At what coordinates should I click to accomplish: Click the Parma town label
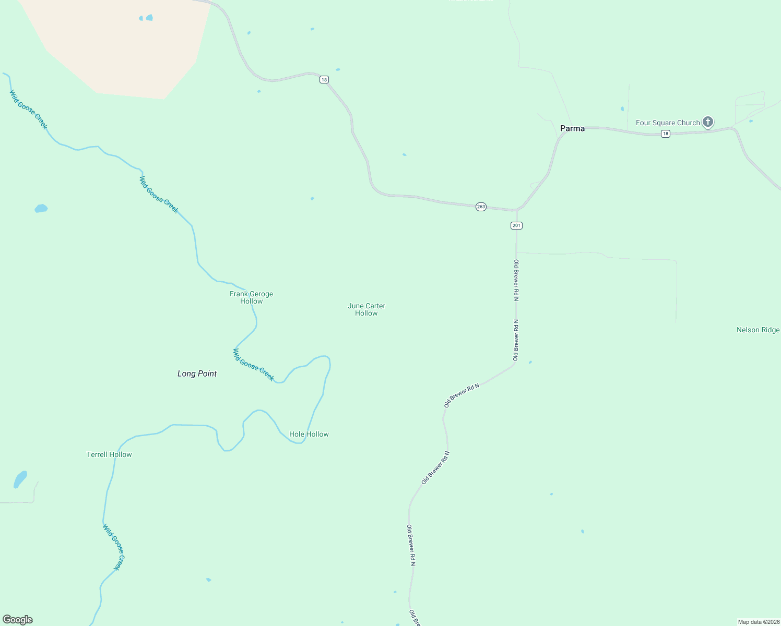(572, 128)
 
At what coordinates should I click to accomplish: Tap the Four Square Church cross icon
(707, 122)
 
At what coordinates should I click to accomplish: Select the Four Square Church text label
(668, 123)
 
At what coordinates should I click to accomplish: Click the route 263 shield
(481, 207)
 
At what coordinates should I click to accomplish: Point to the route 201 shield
(516, 225)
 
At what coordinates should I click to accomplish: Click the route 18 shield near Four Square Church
(665, 134)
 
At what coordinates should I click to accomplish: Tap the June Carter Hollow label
(366, 309)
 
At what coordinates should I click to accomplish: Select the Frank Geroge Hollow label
(252, 297)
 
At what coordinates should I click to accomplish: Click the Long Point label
(197, 374)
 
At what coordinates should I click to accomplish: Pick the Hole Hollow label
(309, 434)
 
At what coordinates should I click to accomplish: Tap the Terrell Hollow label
(109, 454)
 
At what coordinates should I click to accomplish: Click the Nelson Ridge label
(758, 330)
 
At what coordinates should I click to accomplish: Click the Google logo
(18, 620)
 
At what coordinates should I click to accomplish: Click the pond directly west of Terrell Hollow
(20, 479)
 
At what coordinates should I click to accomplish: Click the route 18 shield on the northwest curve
(324, 80)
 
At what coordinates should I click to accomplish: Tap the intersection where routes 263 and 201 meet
(516, 211)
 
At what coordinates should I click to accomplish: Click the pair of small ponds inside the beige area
(147, 18)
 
